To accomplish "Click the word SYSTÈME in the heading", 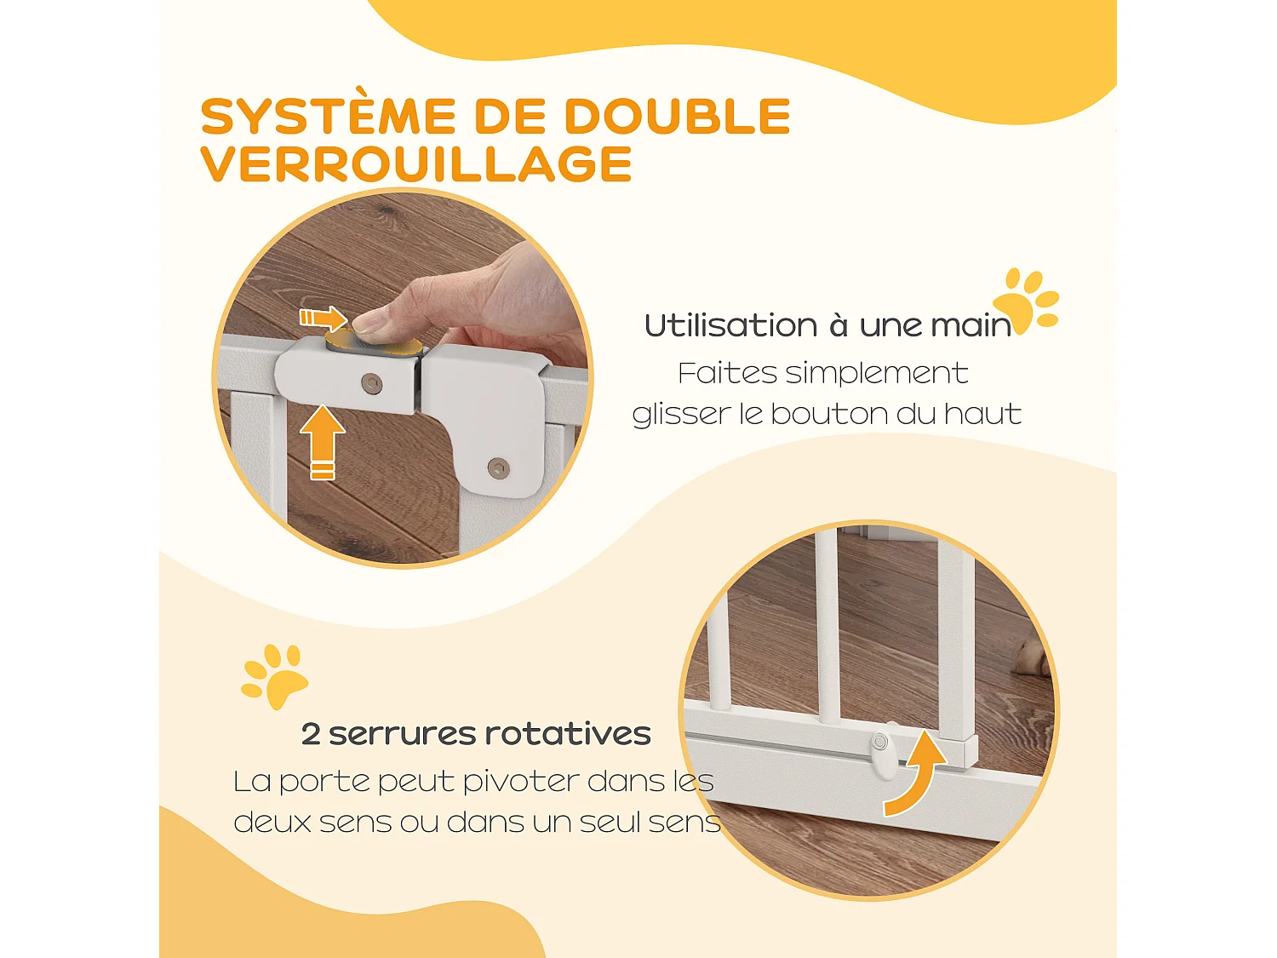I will (329, 117).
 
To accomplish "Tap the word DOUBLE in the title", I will (677, 117).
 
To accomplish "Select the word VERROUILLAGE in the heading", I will (416, 164).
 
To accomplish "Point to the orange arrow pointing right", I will (323, 318).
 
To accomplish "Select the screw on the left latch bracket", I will (371, 383).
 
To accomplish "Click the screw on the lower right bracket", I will (498, 467).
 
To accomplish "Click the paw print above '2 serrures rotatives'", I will (275, 676).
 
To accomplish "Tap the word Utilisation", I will (730, 325).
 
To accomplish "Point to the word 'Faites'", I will (727, 373).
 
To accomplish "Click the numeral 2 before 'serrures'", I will (311, 734).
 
